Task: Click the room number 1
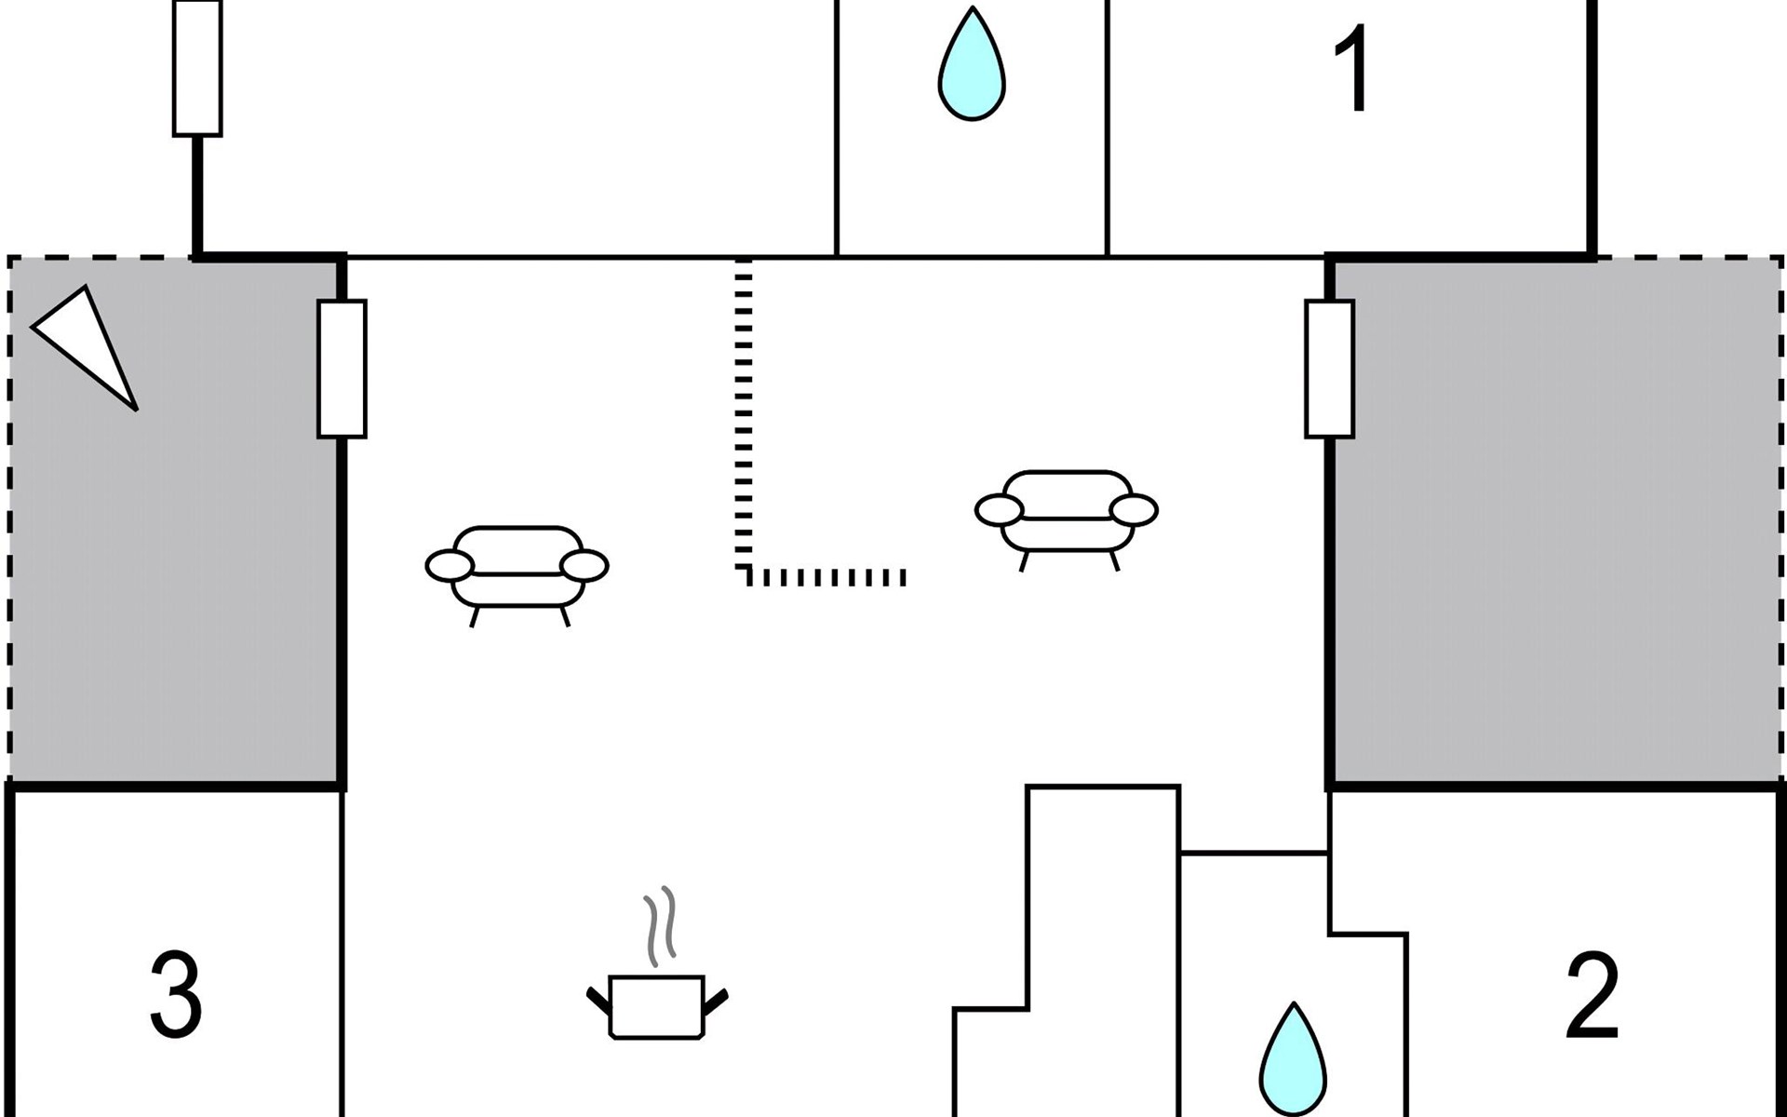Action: pyautogui.click(x=1351, y=69)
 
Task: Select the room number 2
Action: pyautogui.click(x=1592, y=996)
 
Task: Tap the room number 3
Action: pyautogui.click(x=176, y=996)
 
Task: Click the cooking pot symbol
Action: pyautogui.click(x=656, y=1006)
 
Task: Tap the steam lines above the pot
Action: pyautogui.click(x=659, y=926)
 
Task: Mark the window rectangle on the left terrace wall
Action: pyautogui.click(x=342, y=369)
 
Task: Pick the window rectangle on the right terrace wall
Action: pyautogui.click(x=1329, y=369)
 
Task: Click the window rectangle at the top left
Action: pyautogui.click(x=197, y=68)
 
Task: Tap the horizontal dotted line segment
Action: pyautogui.click(x=828, y=577)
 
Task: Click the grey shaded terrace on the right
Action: pyautogui.click(x=1554, y=521)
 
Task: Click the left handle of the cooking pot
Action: pyautogui.click(x=598, y=1001)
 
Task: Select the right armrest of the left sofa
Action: pyautogui.click(x=584, y=565)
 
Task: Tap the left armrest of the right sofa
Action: pyautogui.click(x=999, y=510)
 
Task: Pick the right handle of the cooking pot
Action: pyautogui.click(x=716, y=1001)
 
